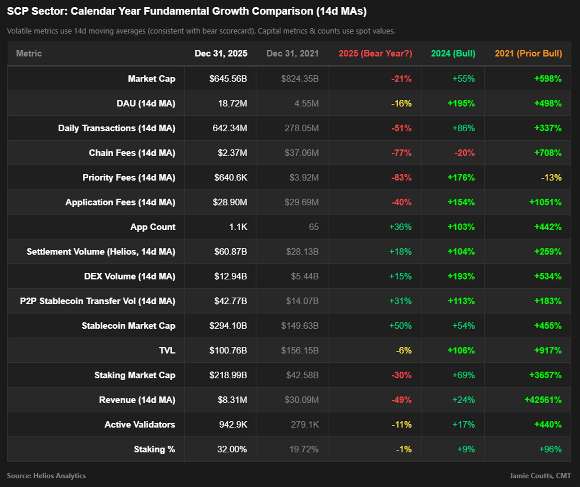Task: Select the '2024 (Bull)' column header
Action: (x=453, y=53)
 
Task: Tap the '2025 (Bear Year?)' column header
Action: (x=375, y=53)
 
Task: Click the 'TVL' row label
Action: (x=167, y=350)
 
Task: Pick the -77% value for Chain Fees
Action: (x=401, y=153)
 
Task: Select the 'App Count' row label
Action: (x=153, y=227)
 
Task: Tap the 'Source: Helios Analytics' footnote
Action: (x=46, y=476)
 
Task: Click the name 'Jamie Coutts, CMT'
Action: (x=540, y=476)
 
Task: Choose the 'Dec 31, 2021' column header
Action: (x=292, y=53)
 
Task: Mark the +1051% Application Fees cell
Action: (x=545, y=202)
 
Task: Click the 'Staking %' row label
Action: (x=154, y=449)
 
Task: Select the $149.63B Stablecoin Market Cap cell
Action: (x=300, y=326)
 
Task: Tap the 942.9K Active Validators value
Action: (x=233, y=425)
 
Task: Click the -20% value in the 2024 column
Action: (x=465, y=153)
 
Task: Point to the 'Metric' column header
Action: (x=29, y=53)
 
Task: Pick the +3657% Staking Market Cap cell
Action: (x=545, y=375)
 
